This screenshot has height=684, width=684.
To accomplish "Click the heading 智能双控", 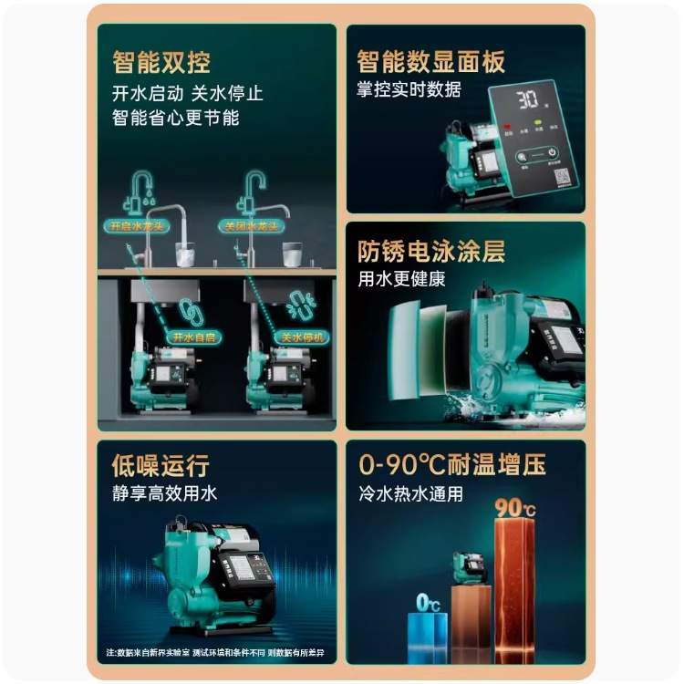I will click(161, 62).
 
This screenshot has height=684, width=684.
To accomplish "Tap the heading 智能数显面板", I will click(431, 62).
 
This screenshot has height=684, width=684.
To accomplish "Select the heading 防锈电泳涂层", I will click(431, 252).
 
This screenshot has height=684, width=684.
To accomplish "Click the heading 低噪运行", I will click(161, 466).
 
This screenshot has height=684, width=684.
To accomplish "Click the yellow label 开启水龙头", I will click(139, 225).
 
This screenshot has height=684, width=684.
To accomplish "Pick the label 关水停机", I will click(302, 337).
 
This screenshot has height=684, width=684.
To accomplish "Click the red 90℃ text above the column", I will click(514, 507).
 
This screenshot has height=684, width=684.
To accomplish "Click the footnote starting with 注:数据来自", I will click(214, 654).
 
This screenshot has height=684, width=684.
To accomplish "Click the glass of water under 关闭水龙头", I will click(293, 253).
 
